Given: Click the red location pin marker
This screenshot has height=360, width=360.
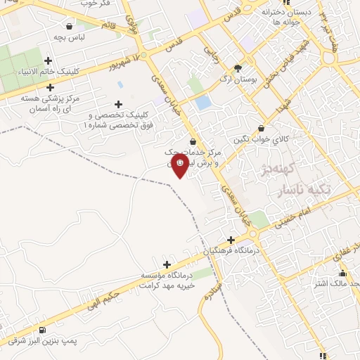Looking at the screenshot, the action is pyautogui.click(x=180, y=165).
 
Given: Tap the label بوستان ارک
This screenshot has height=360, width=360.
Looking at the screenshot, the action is pyautogui.click(x=236, y=80).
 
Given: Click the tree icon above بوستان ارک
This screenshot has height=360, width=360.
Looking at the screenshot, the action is pyautogui.click(x=238, y=68).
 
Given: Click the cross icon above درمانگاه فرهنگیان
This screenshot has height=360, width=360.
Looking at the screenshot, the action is pyautogui.click(x=230, y=240).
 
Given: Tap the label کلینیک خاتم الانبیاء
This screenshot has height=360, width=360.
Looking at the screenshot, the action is pyautogui.click(x=46, y=71).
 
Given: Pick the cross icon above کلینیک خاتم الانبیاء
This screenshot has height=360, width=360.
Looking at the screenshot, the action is pyautogui.click(x=48, y=60).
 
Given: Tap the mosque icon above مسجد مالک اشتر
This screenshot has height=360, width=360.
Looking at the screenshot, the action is pyautogui.click(x=342, y=274).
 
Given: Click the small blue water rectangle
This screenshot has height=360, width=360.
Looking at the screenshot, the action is pyautogui.click(x=203, y=103).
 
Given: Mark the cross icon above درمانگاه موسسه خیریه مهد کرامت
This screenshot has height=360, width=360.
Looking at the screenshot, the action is pyautogui.click(x=167, y=264).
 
